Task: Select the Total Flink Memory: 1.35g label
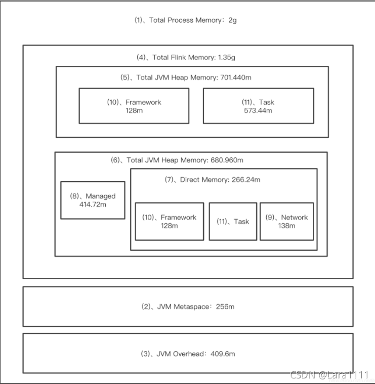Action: pos(186,57)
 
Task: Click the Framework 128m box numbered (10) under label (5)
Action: pos(134,106)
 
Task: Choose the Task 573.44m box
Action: pos(258,106)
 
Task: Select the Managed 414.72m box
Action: pos(93,200)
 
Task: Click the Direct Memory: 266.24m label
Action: pos(213,179)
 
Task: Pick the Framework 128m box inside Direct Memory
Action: pos(169,221)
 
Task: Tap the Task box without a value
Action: pos(233,221)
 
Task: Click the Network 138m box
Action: pos(286,221)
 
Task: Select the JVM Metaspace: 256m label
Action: pos(187,307)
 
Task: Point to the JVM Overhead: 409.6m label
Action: pos(187,354)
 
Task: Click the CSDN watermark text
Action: pos(329,375)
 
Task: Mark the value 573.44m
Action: pos(258,110)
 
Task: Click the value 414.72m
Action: pos(93,204)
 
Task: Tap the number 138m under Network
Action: pos(286,226)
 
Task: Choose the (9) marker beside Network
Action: pos(270,218)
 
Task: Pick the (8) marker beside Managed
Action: pos(75,196)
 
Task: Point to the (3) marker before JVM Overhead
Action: pos(146,354)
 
